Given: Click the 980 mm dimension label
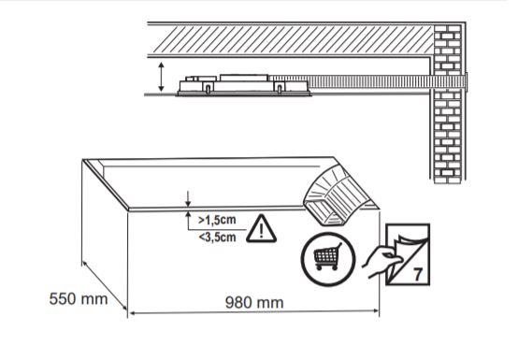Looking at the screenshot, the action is coord(254,303).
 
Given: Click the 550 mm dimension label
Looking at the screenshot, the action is coord(79,299).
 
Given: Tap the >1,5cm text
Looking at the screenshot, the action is coord(217,220).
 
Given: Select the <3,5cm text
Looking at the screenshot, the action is coord(217,237).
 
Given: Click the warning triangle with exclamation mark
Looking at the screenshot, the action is coord(261,229).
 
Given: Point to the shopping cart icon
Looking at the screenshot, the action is coord(328,256).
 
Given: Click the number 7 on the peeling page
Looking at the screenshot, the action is coord(418,274).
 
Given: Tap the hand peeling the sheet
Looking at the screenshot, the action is coord(381,261).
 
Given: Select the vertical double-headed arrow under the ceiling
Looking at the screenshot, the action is coord(161,77).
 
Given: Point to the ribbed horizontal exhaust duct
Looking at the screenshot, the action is coord(367,81).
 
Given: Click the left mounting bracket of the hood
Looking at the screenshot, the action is coord(209,88).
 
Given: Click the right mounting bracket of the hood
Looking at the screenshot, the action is coord(280,88).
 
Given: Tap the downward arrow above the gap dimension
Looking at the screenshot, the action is coord(188,198).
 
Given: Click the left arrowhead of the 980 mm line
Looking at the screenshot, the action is coord(131,312).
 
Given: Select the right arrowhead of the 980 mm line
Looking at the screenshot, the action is coord(376,310).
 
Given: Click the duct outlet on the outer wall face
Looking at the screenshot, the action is coord(467,81).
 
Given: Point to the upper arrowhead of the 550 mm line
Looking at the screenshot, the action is coord(84,265).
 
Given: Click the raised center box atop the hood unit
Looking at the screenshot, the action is coord(244,79).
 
